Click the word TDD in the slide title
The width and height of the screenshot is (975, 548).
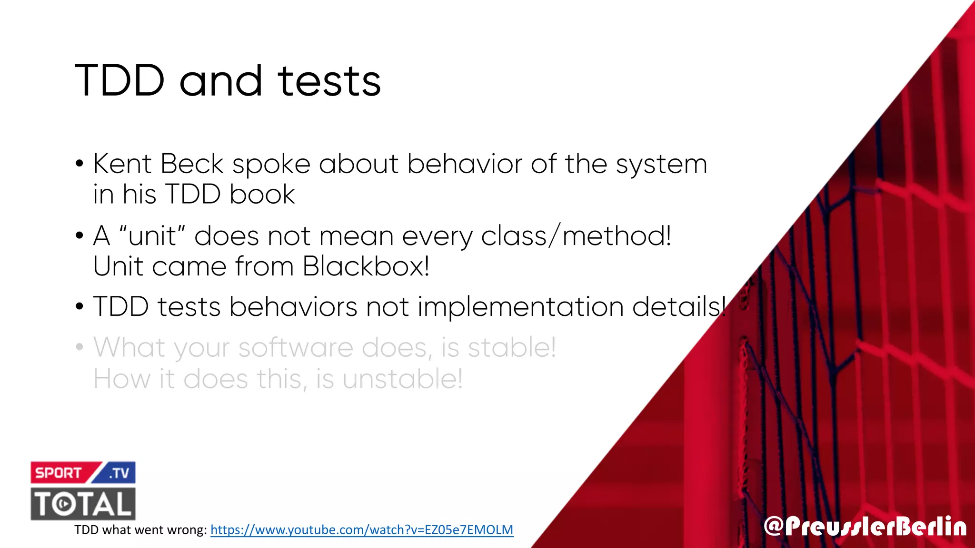[x=120, y=80]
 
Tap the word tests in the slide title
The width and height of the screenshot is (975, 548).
[x=329, y=81]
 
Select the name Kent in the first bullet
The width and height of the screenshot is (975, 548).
[x=122, y=164]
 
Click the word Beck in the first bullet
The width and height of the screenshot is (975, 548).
[x=192, y=164]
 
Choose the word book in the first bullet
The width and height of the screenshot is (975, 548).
[x=262, y=195]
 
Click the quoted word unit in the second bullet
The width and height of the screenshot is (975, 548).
[x=152, y=236]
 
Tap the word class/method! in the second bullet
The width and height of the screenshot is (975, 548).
[x=576, y=236]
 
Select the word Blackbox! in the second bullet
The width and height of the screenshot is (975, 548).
[x=366, y=266]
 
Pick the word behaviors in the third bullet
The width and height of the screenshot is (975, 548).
[x=293, y=306]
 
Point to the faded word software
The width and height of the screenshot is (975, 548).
[x=296, y=348]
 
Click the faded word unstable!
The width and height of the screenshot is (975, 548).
[x=402, y=379]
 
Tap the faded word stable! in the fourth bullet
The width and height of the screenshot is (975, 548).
[x=512, y=347]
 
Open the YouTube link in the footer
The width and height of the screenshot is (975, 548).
[x=362, y=530]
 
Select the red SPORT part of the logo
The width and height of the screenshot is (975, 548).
[x=59, y=473]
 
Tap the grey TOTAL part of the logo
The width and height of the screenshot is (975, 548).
[x=83, y=504]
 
